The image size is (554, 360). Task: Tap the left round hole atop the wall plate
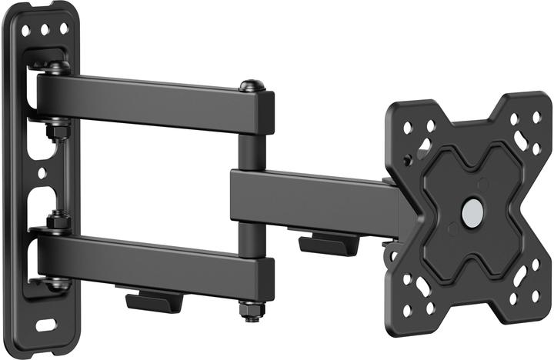[26, 32]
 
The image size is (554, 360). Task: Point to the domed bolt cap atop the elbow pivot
[249, 86]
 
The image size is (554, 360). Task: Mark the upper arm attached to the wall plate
[154, 100]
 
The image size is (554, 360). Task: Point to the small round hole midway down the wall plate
[44, 175]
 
